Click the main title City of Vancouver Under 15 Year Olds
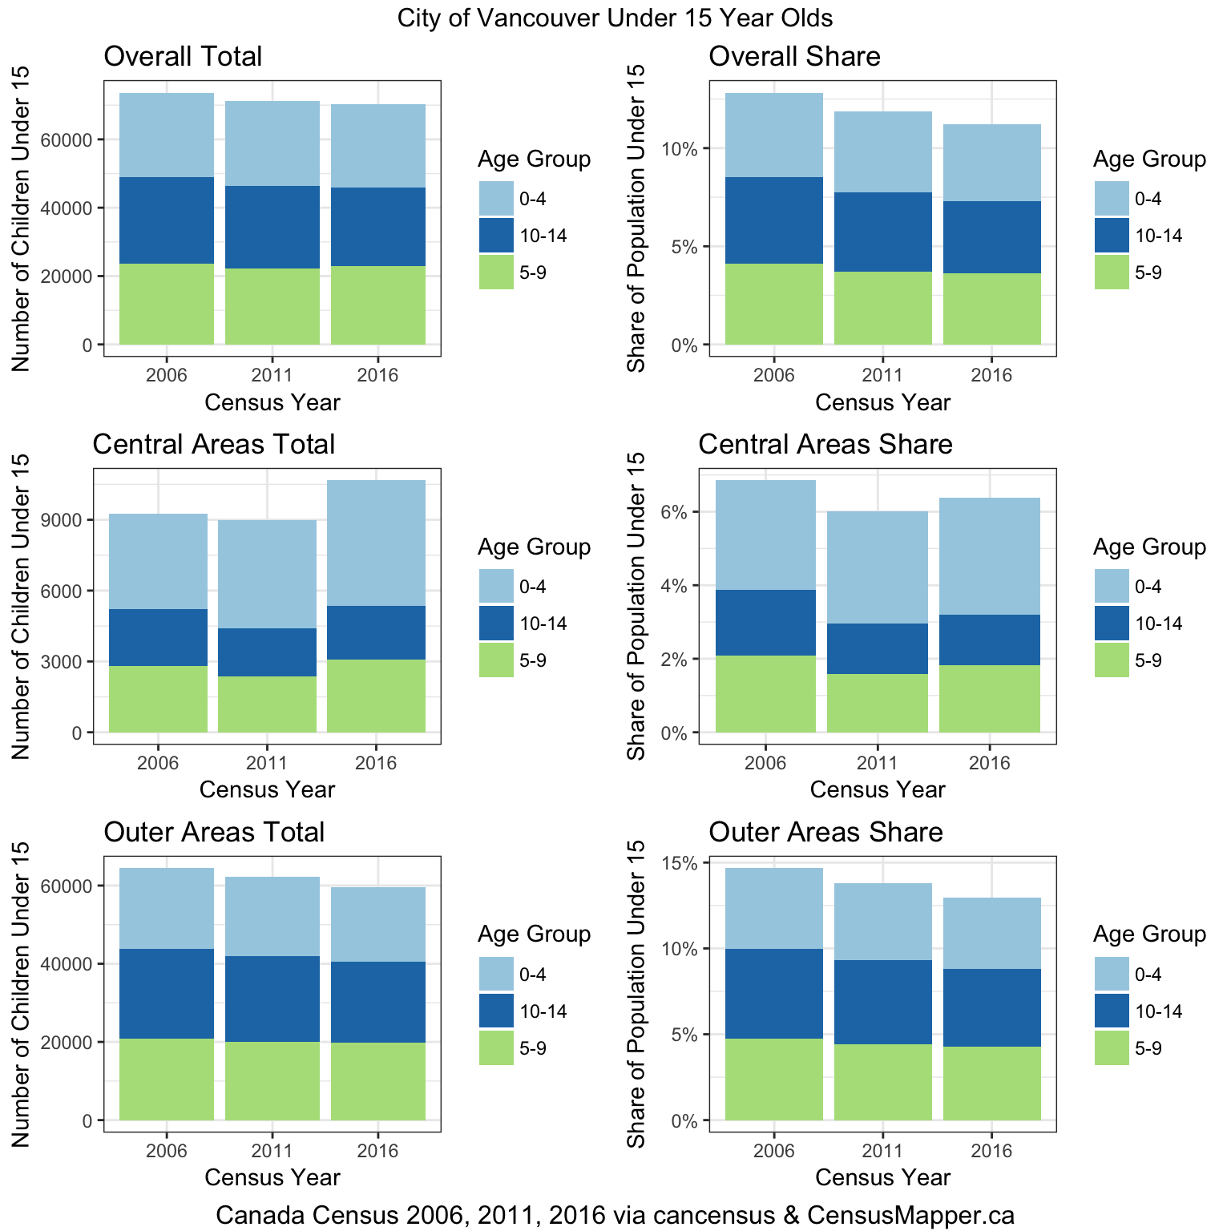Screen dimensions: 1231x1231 (x=615, y=18)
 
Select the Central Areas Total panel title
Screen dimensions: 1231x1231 (x=213, y=444)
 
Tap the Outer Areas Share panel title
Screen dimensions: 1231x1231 (x=825, y=832)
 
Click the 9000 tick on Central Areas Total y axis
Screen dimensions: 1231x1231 (x=64, y=520)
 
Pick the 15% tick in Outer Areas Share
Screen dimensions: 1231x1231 (x=678, y=863)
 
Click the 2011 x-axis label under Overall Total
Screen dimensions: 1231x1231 (x=272, y=375)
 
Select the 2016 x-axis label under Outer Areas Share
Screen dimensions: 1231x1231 (x=991, y=1151)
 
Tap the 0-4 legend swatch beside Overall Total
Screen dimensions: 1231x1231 (x=496, y=199)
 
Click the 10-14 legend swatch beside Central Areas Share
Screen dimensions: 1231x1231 (x=1112, y=624)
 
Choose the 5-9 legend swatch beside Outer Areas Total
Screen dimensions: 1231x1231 (x=496, y=1048)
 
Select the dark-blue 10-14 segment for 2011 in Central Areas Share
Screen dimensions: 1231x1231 (x=878, y=648)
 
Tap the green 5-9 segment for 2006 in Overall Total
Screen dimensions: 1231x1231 (x=167, y=305)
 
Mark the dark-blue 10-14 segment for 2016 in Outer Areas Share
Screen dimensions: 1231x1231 (x=991, y=1007)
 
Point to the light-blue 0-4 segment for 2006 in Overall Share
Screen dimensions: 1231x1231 (x=774, y=135)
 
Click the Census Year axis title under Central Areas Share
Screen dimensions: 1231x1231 (x=878, y=790)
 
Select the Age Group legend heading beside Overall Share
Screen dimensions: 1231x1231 (x=1149, y=159)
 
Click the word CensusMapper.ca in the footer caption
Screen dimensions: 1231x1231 (x=910, y=1215)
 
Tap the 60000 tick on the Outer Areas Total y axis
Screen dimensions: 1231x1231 (x=71, y=886)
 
